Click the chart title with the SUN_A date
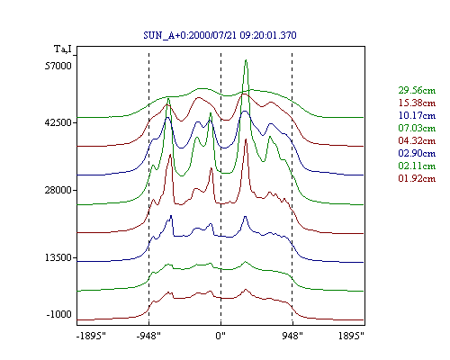coord(220,35)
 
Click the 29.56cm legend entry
coord(417,90)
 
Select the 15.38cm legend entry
coord(417,103)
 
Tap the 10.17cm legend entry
coord(417,115)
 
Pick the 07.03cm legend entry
coord(417,128)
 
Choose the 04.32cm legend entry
coord(417,140)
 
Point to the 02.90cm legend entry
coord(417,153)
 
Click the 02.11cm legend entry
coord(417,166)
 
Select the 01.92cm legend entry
coord(417,178)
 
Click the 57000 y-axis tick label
coord(58,66)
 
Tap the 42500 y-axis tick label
coord(58,122)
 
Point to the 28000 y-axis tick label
coord(58,190)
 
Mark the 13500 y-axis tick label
coord(58,257)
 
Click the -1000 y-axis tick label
coord(59,314)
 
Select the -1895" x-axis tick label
coord(91,336)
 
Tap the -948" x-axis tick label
coord(148,336)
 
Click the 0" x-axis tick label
coord(220,336)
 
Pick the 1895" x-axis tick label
coord(351,336)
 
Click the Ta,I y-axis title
coord(63,49)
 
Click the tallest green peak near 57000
coord(246,60)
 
